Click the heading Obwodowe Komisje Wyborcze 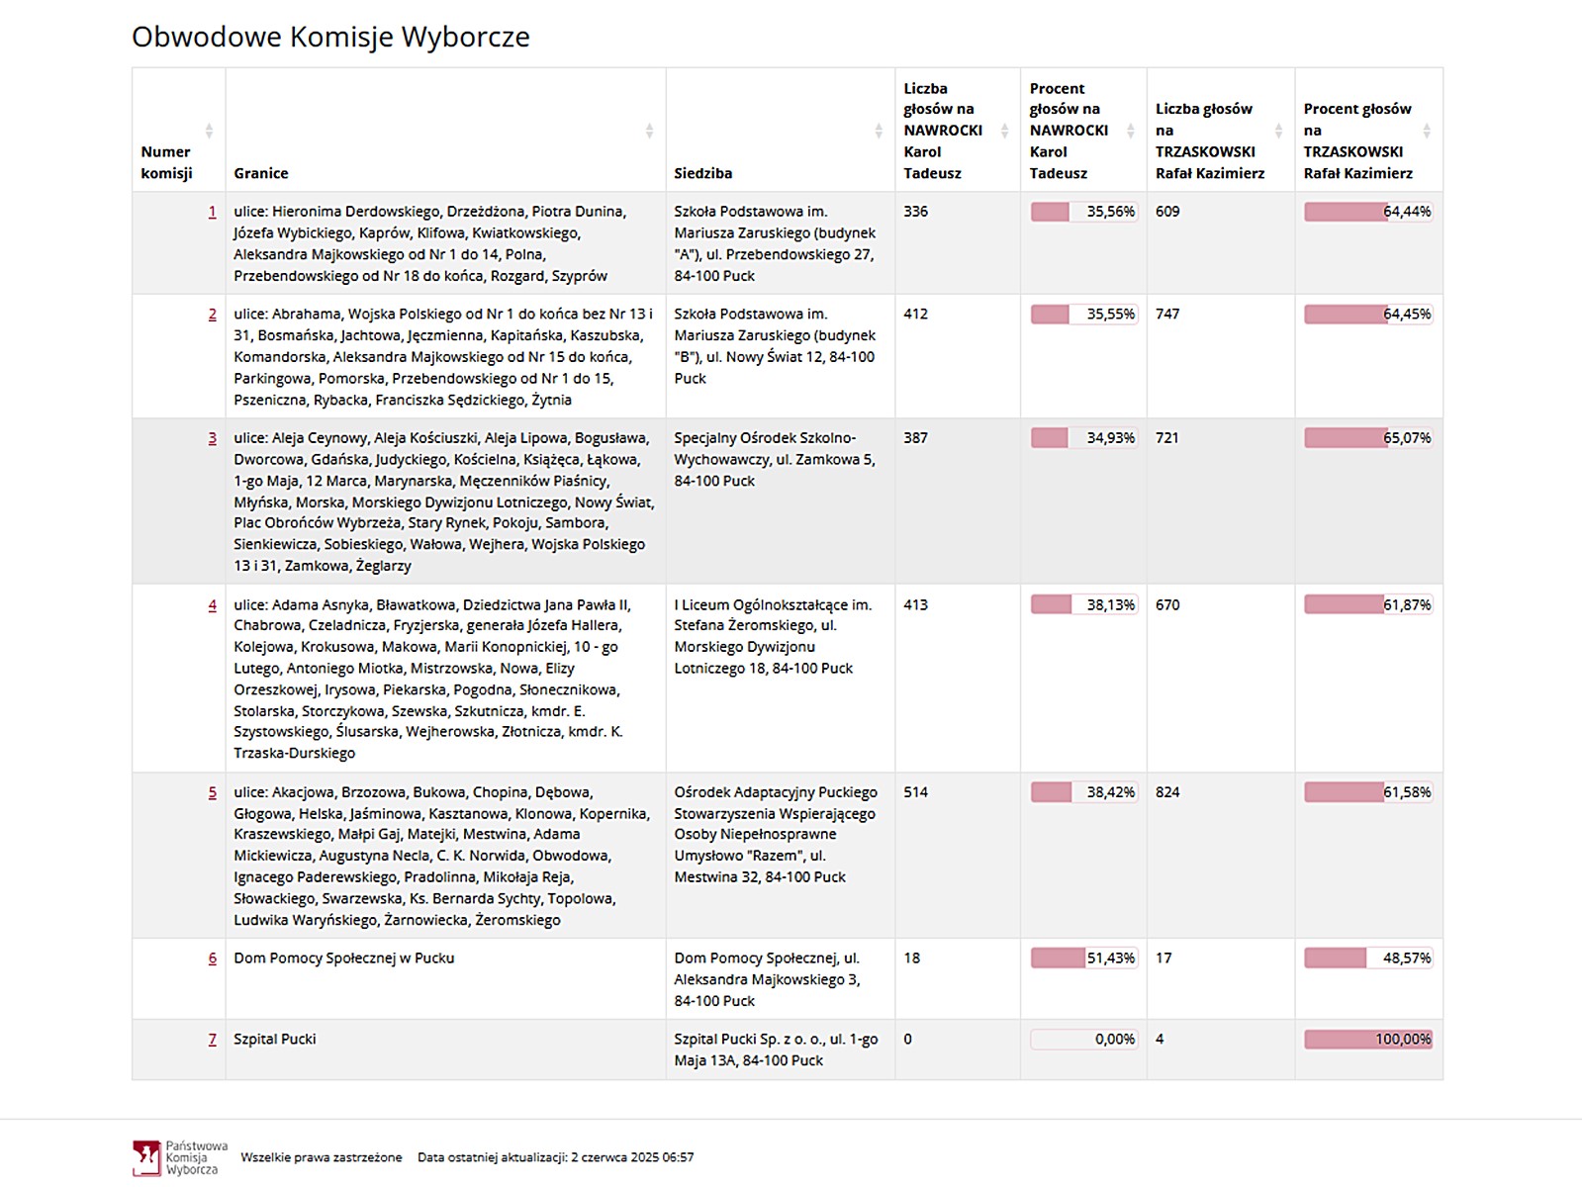click(x=330, y=38)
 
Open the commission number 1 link click(x=212, y=212)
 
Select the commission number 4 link click(x=212, y=605)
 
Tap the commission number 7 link click(x=212, y=1040)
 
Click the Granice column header click(x=261, y=173)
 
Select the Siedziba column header click(x=703, y=173)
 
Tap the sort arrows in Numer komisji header click(x=209, y=131)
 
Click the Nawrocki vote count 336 click(x=915, y=212)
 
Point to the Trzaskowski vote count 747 click(x=1167, y=315)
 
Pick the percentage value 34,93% click(x=1110, y=438)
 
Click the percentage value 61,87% click(x=1407, y=605)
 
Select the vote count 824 click(x=1167, y=792)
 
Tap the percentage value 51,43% click(x=1110, y=959)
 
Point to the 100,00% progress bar click(x=1367, y=1040)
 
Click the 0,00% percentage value click(x=1114, y=1040)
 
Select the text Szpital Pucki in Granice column click(x=275, y=1040)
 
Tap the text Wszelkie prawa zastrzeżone click(x=322, y=1157)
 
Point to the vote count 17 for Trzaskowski click(x=1163, y=959)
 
